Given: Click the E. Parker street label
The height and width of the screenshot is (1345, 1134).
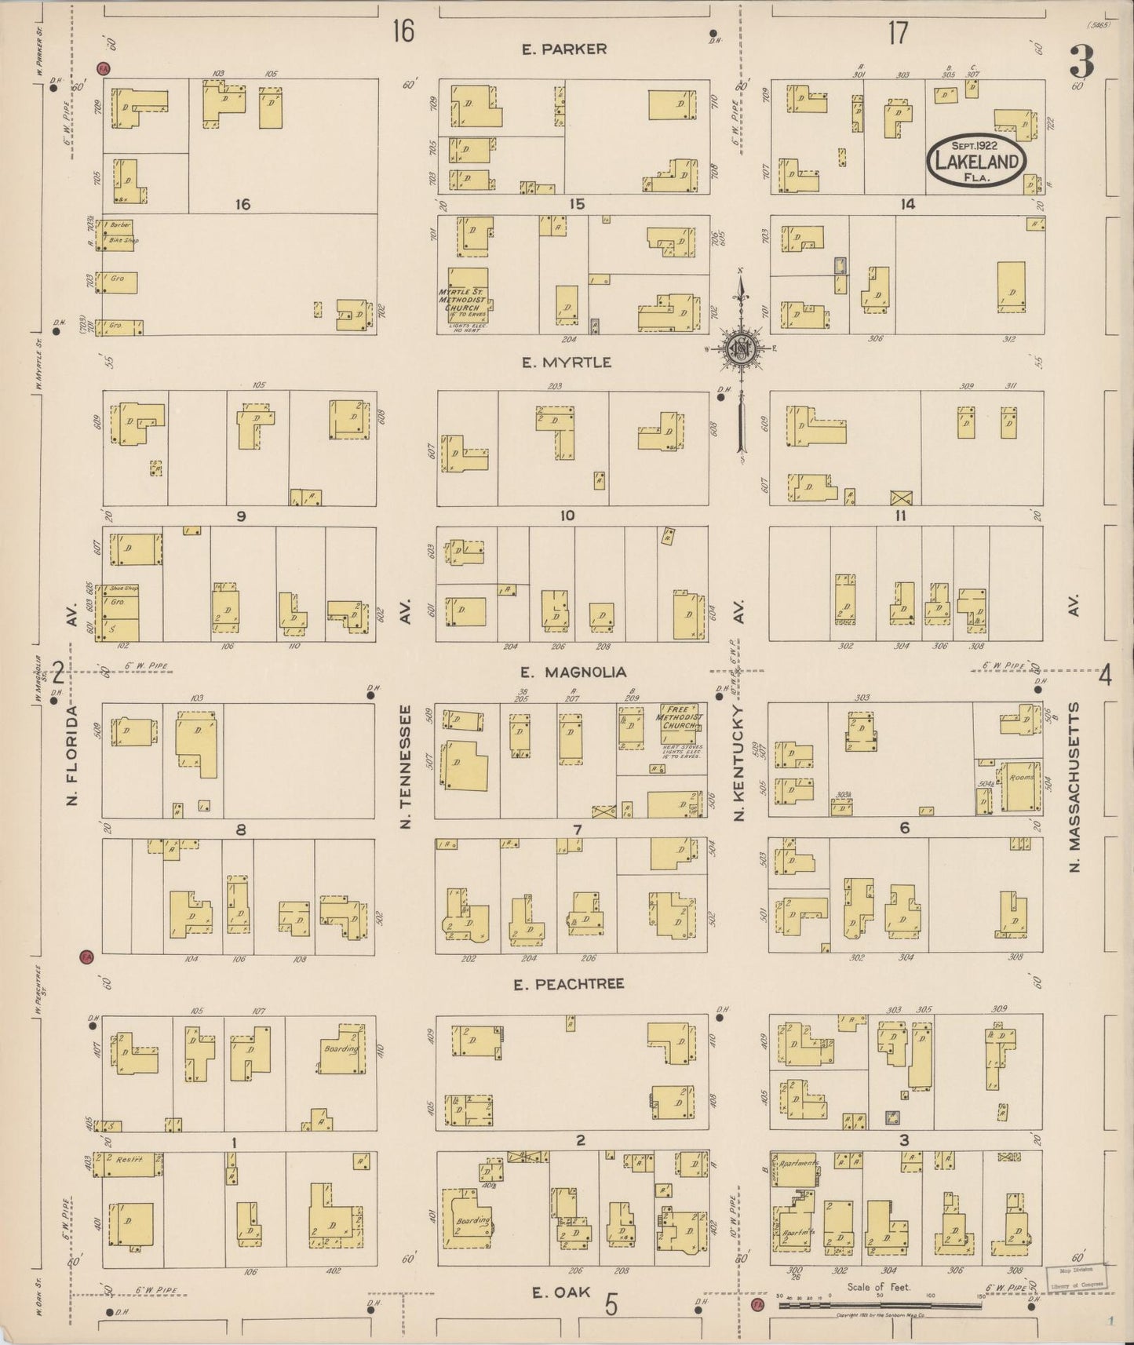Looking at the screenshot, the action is (564, 49).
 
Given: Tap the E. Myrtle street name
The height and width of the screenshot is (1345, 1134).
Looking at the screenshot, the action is (566, 363).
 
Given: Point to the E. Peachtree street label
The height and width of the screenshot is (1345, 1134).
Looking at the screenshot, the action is (569, 983).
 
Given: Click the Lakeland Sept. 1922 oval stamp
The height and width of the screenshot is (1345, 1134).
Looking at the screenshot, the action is (977, 162).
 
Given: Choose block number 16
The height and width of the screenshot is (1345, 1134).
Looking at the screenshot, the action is (242, 205).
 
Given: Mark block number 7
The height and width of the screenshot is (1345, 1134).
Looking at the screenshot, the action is (578, 829).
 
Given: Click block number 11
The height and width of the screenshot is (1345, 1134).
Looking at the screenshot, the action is (901, 516).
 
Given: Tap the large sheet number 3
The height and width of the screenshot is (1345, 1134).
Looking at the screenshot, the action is (1084, 61).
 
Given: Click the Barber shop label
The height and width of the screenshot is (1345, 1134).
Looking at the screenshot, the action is (120, 225).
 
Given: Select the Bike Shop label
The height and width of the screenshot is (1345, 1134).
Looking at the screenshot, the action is (123, 240).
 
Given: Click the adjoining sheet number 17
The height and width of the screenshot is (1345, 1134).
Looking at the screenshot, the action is (898, 33).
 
